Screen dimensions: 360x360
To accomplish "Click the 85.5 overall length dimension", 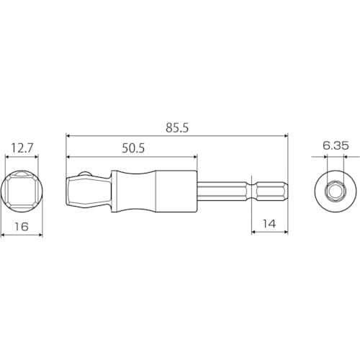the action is pyautogui.click(x=177, y=128).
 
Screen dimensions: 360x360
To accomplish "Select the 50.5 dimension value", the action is pyautogui.click(x=133, y=148).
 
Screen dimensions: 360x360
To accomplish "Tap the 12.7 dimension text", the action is pyautogui.click(x=22, y=148).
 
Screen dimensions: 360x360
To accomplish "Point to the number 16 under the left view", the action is pyautogui.click(x=22, y=227).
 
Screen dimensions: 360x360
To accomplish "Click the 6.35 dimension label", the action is pyautogui.click(x=336, y=145).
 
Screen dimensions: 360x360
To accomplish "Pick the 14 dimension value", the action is pyautogui.click(x=269, y=224).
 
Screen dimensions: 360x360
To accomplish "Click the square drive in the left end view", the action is pyautogui.click(x=22, y=192).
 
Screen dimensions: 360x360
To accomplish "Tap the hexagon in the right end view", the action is pyautogui.click(x=336, y=192).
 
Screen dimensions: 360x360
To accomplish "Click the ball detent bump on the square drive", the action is pyautogui.click(x=85, y=174).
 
